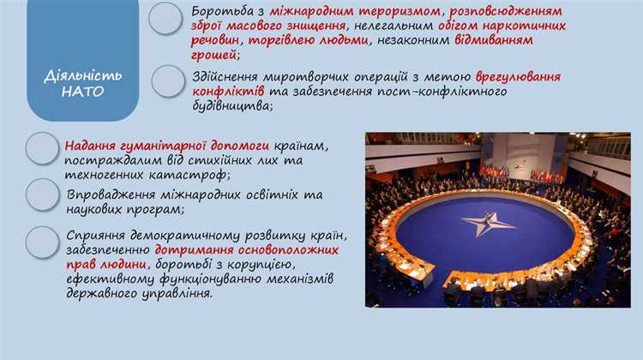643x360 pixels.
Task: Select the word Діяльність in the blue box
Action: click(70, 75)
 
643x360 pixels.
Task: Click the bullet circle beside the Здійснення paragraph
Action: click(168, 81)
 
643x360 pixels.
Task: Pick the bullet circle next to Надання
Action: click(42, 147)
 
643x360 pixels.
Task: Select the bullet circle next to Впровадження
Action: click(42, 195)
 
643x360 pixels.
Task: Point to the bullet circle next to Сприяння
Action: click(42, 242)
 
